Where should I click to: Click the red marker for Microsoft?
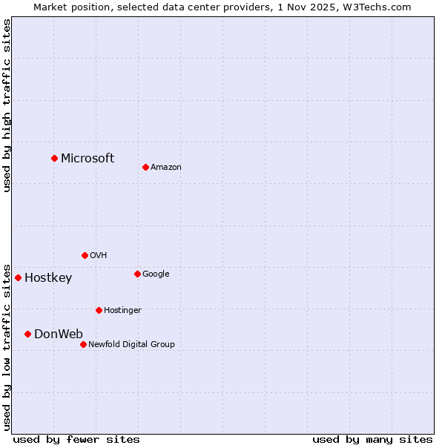click(54, 158)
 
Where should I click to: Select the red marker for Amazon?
click(145, 167)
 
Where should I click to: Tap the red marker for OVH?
click(85, 255)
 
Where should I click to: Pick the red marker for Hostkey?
click(18, 277)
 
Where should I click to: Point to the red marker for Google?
click(137, 274)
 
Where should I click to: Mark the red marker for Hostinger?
click(99, 310)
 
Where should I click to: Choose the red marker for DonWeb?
click(27, 334)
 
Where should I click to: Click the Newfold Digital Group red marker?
click(83, 344)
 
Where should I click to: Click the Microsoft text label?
click(88, 158)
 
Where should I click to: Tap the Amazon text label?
click(166, 167)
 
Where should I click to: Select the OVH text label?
click(99, 255)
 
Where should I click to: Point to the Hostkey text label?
click(48, 278)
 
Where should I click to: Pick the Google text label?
click(156, 274)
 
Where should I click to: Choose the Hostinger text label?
click(122, 310)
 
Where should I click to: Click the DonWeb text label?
click(59, 334)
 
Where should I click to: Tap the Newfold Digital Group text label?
click(131, 344)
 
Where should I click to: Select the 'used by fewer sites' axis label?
click(76, 439)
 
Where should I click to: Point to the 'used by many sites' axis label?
click(372, 439)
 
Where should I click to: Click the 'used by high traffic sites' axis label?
click(7, 105)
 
